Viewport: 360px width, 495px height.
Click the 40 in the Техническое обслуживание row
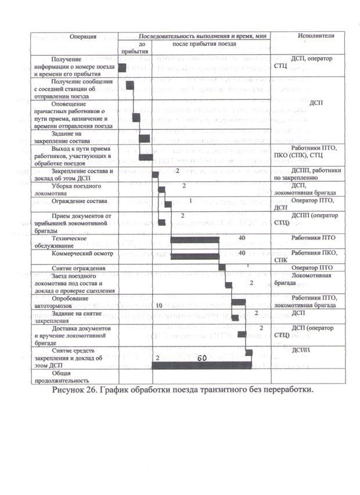pyautogui.click(x=242, y=237)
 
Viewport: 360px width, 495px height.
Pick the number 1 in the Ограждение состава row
pyautogui.click(x=190, y=200)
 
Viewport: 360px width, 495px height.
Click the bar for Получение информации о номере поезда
pyautogui.click(x=123, y=68)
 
